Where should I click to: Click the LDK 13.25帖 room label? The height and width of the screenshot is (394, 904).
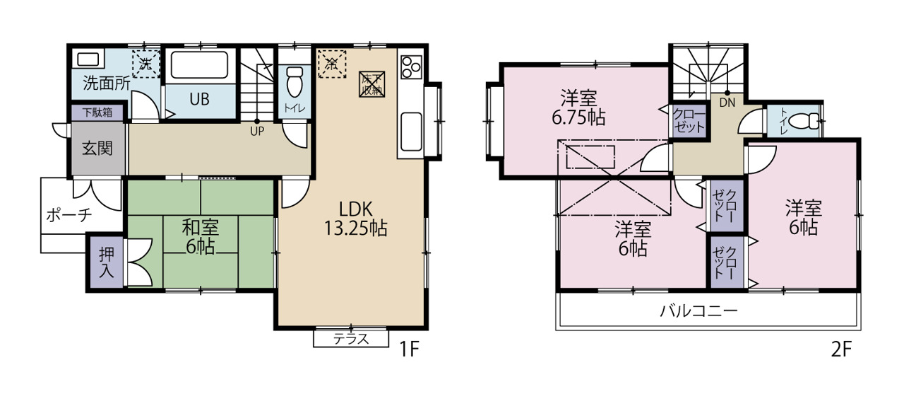tap(356, 219)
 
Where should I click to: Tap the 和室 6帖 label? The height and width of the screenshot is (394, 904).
tap(200, 237)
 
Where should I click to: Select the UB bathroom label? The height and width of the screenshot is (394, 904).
tap(199, 99)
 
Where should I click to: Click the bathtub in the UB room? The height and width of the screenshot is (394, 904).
tap(199, 64)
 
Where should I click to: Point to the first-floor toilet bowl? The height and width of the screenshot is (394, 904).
tap(295, 81)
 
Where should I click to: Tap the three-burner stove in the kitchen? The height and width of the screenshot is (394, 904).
tap(411, 67)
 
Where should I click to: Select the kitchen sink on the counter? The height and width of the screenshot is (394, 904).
tap(411, 131)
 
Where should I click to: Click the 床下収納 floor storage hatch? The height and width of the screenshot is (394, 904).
tap(371, 84)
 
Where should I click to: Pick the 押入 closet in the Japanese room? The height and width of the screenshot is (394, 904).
tap(107, 262)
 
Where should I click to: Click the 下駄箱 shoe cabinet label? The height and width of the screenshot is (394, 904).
tap(97, 112)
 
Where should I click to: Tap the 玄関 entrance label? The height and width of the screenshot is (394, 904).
tap(97, 149)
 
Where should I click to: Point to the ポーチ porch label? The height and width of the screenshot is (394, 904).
tap(69, 215)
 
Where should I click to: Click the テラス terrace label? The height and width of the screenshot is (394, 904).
tap(351, 339)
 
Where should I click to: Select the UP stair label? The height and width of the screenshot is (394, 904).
tap(257, 132)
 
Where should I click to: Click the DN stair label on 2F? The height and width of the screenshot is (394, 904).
tap(727, 103)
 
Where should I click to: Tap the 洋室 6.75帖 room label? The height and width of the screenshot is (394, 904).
tap(578, 108)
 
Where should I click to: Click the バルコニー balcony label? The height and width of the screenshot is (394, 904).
tap(698, 311)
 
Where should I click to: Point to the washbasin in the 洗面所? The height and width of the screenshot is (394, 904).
tap(88, 59)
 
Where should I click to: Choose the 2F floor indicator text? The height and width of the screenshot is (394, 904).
tap(841, 349)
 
